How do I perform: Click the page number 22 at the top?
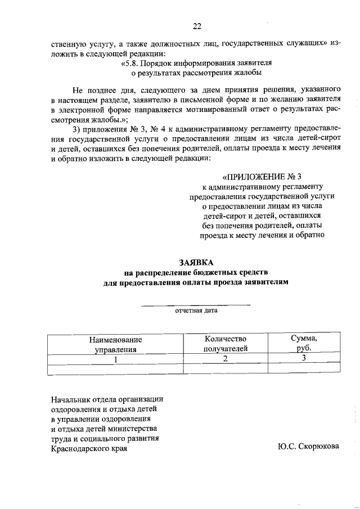196,26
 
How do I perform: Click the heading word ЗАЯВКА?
196,262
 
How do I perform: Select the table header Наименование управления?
116,344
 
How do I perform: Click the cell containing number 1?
116,359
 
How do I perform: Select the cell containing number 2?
226,359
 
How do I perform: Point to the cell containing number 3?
304,359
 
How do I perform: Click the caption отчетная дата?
196,310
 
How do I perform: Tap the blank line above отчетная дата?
196,304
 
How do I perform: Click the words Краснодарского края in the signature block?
89,449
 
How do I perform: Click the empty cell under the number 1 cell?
116,369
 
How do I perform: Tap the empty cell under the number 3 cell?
304,369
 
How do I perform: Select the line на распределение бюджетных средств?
196,273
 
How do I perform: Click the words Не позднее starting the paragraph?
92,90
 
